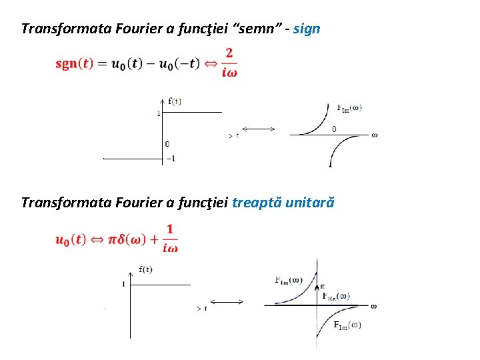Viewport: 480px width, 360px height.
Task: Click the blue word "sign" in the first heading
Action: pos(307,29)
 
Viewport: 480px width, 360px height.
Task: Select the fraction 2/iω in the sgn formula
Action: pos(230,63)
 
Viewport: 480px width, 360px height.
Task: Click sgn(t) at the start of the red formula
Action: pos(75,64)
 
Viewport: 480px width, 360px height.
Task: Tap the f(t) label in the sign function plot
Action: pos(175,101)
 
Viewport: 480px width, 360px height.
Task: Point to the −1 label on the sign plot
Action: pos(171,159)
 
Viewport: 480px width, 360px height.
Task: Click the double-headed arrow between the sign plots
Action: pos(258,129)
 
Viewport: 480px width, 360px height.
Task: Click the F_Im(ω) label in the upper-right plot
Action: pos(349,107)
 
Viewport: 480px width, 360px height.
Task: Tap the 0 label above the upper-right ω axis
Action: pos(334,129)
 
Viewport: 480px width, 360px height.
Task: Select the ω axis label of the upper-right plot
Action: pos(374,135)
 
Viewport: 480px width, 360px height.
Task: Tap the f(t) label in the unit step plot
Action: pos(145,269)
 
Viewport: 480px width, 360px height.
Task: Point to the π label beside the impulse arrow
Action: pos(323,285)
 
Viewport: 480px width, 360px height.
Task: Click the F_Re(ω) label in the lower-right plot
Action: pos(336,296)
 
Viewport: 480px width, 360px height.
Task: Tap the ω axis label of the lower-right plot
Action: pos(374,306)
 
